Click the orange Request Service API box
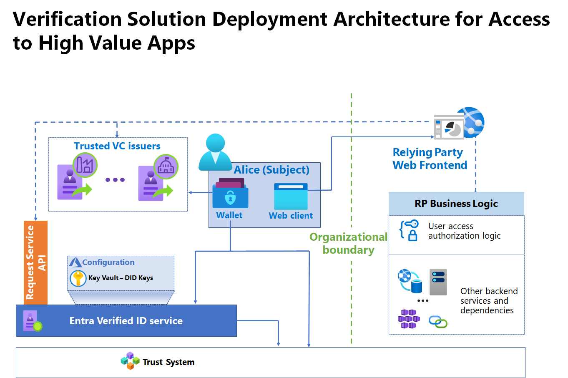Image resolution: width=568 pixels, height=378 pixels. click(x=35, y=262)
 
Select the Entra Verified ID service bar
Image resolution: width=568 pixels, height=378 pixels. click(x=126, y=320)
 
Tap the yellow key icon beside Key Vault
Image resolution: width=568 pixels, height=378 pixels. click(x=78, y=278)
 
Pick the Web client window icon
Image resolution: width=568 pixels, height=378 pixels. click(x=291, y=197)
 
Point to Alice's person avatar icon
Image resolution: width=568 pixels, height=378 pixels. click(x=215, y=152)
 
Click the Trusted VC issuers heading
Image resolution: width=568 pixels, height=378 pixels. click(x=117, y=146)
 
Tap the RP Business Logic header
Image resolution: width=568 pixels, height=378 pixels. click(x=456, y=204)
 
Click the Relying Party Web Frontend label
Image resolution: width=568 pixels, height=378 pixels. click(x=430, y=159)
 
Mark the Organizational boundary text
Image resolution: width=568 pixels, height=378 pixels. click(x=348, y=243)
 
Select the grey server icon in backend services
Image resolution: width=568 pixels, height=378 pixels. click(x=438, y=282)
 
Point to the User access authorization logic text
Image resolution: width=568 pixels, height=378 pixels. click(x=464, y=231)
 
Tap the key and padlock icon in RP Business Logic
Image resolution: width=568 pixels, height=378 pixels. click(x=409, y=230)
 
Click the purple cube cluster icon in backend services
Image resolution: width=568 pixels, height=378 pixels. click(x=408, y=319)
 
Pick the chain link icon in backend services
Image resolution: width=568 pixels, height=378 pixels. click(x=438, y=322)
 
